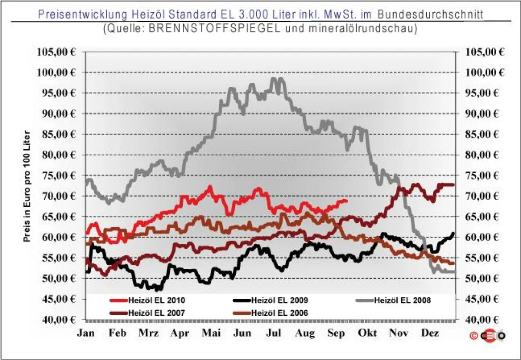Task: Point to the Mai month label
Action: [211, 333]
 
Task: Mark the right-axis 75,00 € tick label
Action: [485, 175]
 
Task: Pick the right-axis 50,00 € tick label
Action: [485, 278]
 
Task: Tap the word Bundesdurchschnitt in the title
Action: [430, 14]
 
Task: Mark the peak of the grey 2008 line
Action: [274, 79]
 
